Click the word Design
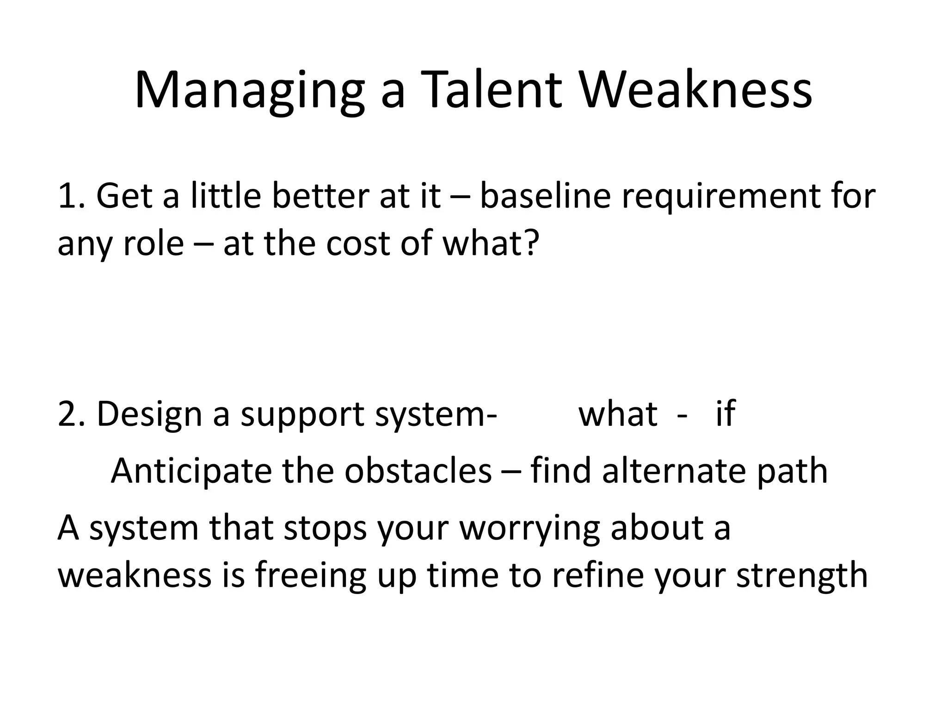[149, 414]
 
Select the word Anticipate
[191, 471]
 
